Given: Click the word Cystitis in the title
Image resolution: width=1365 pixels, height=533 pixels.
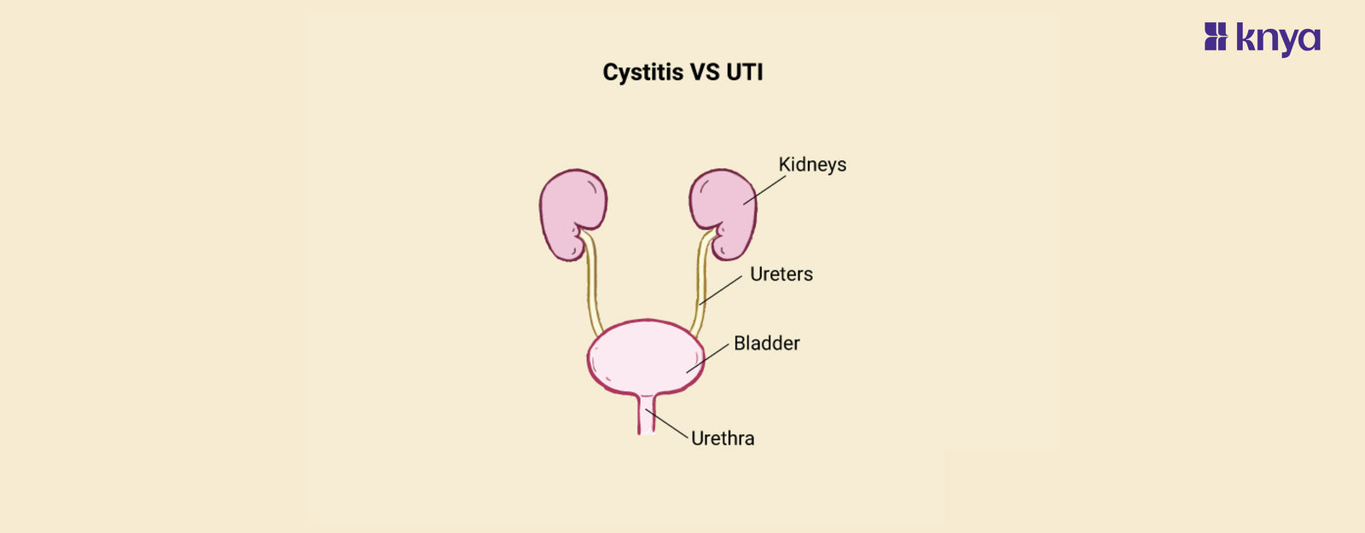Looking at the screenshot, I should tap(643, 72).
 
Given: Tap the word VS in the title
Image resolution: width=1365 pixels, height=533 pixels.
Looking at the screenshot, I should tap(705, 72).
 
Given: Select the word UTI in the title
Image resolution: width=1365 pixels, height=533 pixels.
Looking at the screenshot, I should tap(744, 72).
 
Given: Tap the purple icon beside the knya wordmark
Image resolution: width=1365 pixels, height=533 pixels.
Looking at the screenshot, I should tap(1215, 37).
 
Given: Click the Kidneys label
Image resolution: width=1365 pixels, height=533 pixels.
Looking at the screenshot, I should tap(812, 165).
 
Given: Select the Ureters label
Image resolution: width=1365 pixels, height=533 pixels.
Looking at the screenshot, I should tap(781, 275).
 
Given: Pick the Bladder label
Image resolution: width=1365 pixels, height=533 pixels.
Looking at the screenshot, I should tap(767, 344).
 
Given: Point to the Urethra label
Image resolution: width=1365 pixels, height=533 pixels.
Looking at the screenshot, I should tap(723, 438).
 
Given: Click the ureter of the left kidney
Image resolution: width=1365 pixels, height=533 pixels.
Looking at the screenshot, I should tap(592, 290).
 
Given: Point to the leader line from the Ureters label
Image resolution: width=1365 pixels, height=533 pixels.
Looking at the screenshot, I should tap(722, 290).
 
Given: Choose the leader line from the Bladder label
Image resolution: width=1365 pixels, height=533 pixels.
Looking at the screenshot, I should tap(708, 358).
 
